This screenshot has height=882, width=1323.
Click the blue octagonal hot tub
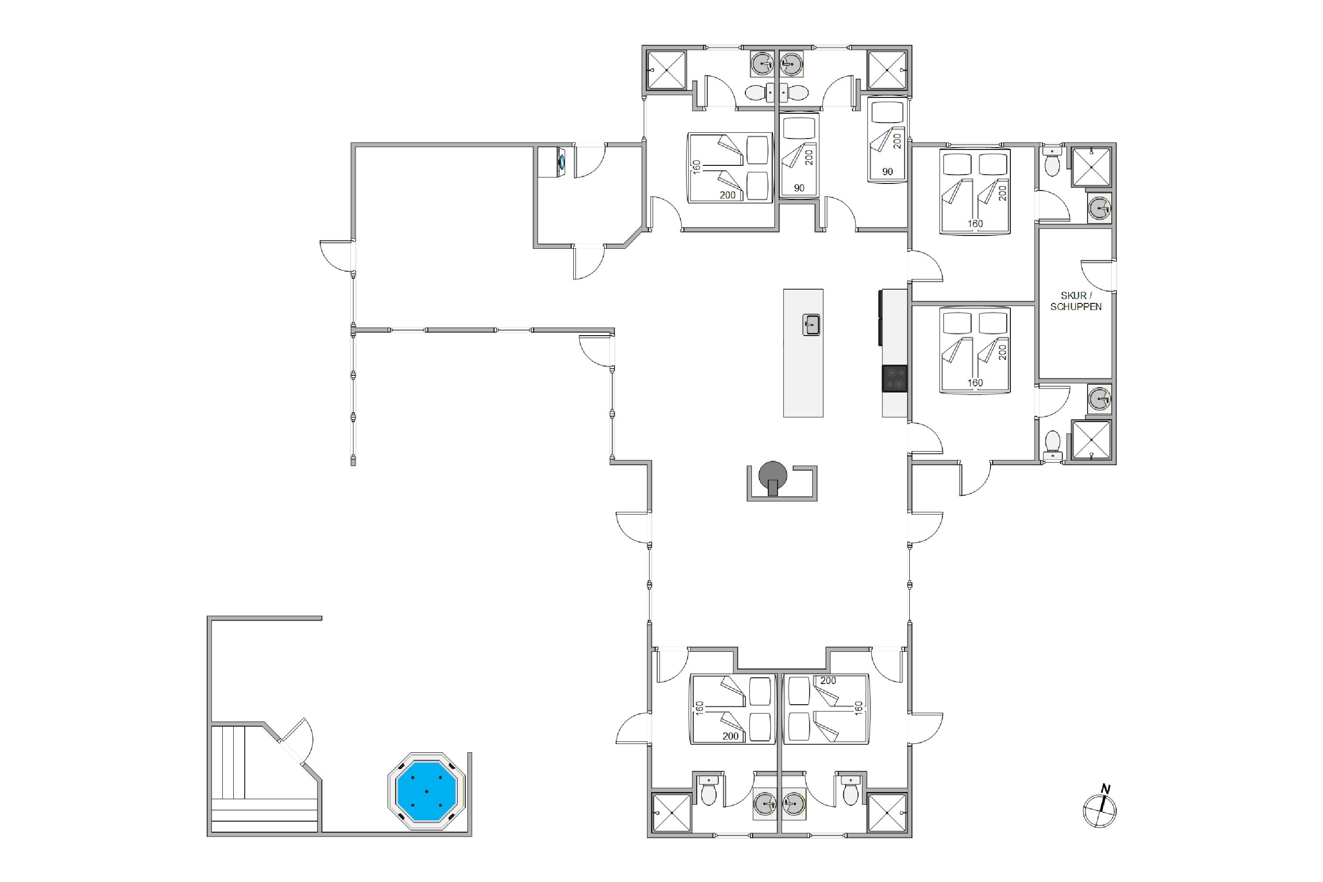[x=426, y=791]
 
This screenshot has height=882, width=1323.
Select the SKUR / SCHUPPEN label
[x=1076, y=301]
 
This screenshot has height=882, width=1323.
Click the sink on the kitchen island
[x=811, y=325]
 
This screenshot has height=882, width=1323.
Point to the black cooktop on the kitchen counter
[x=894, y=378]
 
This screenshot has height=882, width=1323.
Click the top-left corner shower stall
[x=666, y=70]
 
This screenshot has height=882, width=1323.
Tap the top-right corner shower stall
[x=887, y=70]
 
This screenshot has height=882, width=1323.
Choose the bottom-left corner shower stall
[x=672, y=812]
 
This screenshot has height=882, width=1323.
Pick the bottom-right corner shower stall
[x=887, y=812]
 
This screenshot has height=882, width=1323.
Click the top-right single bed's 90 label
[x=888, y=172]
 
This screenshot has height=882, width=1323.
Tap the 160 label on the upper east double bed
[x=975, y=224]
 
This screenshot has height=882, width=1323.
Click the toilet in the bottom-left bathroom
[x=709, y=790]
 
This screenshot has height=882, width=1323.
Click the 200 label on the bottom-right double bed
[x=828, y=680]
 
